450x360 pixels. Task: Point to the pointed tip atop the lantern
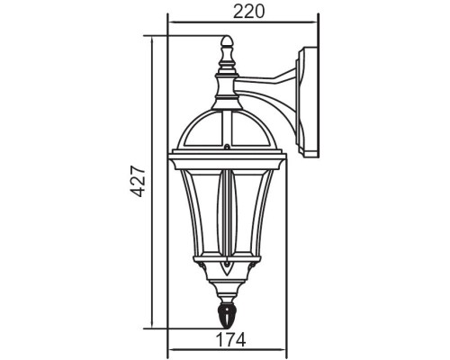point(227,40)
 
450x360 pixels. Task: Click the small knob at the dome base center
point(227,148)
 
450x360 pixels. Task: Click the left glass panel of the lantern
point(205,216)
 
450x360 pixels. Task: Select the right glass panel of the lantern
point(248,216)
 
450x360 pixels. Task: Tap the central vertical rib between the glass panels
point(227,216)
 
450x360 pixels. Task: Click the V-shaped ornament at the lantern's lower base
point(227,270)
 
